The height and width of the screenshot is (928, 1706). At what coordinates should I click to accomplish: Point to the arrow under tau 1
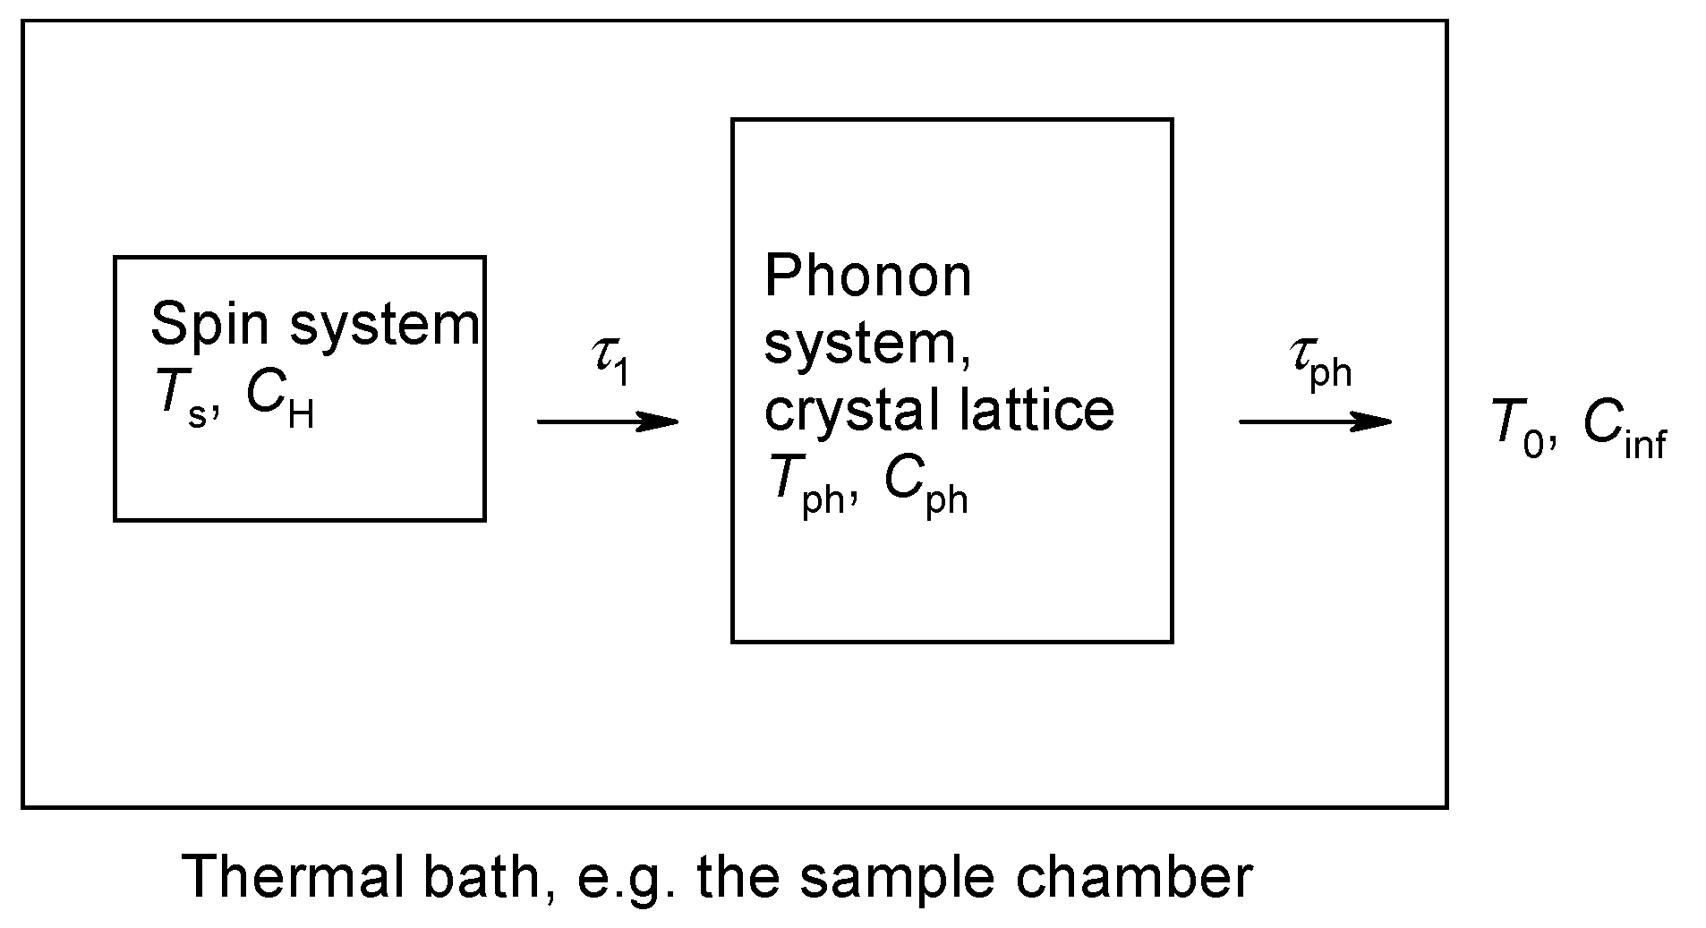point(608,421)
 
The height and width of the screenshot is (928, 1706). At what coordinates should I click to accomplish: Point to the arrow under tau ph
point(1315,421)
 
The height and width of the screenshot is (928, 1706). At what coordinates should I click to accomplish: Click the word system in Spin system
point(385,326)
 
